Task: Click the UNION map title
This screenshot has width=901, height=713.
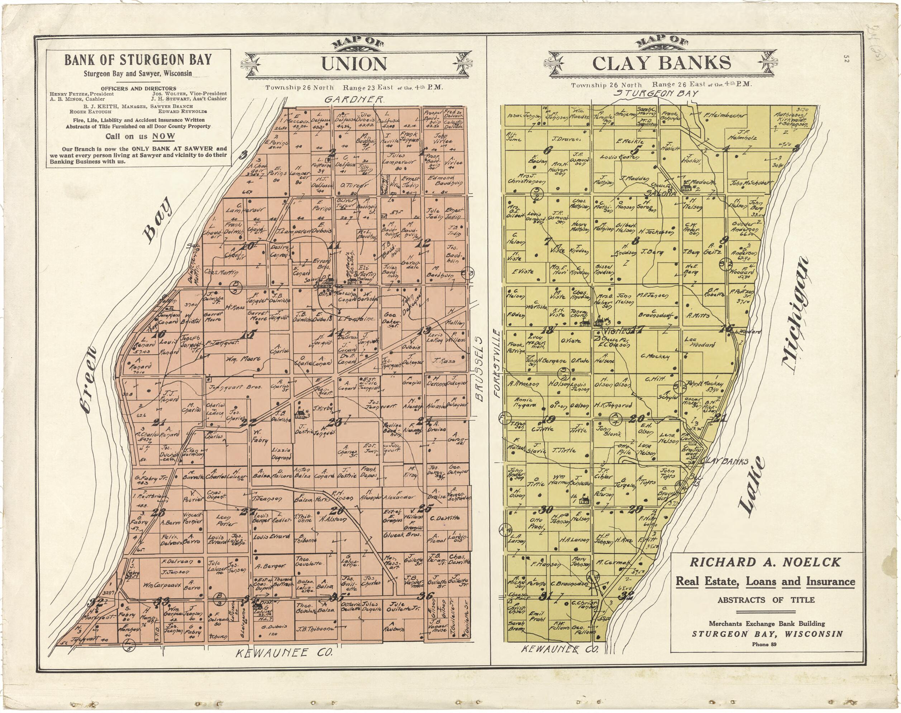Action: point(354,64)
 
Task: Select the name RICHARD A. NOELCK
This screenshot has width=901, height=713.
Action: point(765,562)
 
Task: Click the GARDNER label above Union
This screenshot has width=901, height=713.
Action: point(354,99)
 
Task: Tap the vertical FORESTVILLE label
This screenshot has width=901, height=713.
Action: point(496,363)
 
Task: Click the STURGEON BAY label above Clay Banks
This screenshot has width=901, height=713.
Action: point(656,94)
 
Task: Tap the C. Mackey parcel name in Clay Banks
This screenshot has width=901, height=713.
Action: point(655,356)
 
